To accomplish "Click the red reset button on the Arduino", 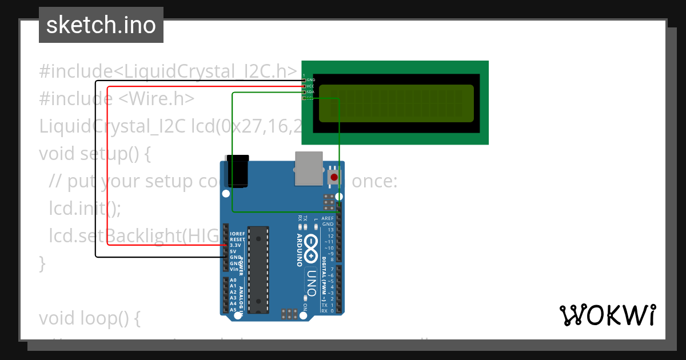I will coord(335,177).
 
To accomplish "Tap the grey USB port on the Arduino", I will coord(309,169).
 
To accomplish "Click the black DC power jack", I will coord(237,171).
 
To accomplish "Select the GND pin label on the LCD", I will coord(311,80).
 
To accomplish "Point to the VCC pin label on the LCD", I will coord(310,86).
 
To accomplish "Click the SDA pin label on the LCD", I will coord(310,92).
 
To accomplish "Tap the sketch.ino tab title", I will coord(101,25).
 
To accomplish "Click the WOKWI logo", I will coord(608,315).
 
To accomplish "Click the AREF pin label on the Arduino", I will coord(328,218).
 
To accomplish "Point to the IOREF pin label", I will coord(237,234).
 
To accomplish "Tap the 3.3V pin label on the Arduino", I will coord(235,245).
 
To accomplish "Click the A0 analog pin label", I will coord(233,281).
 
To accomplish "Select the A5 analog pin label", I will coord(233,310).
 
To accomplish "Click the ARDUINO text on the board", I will coord(299,250).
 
